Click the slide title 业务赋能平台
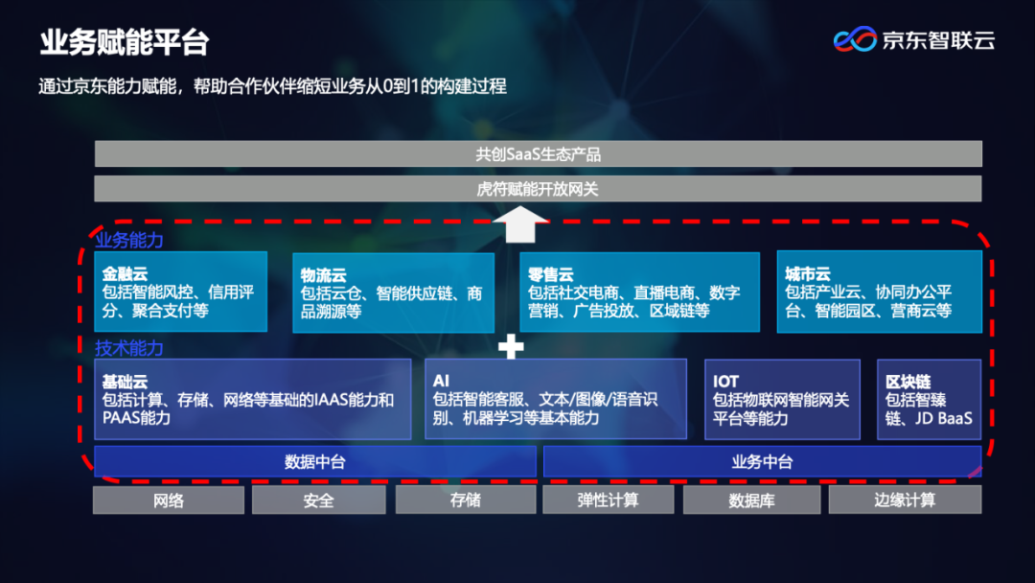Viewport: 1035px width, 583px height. (125, 42)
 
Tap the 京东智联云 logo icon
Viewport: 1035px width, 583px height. (855, 39)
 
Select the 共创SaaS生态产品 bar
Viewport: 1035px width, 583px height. (538, 153)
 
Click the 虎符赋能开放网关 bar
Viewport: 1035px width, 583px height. (538, 189)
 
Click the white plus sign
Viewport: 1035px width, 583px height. (511, 347)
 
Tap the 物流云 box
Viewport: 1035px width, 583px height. (393, 292)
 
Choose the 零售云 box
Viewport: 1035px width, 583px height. (639, 292)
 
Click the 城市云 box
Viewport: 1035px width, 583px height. (879, 292)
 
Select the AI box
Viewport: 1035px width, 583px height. (555, 399)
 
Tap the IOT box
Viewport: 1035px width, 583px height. (780, 399)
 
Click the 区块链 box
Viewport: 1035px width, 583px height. (929, 399)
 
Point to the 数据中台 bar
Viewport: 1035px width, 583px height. (314, 461)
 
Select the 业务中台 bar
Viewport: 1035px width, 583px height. (762, 461)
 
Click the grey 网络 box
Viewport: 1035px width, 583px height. (169, 500)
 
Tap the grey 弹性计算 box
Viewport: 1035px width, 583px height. (608, 500)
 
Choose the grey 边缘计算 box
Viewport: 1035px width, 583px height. (905, 500)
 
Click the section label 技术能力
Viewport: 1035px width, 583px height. (129, 348)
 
